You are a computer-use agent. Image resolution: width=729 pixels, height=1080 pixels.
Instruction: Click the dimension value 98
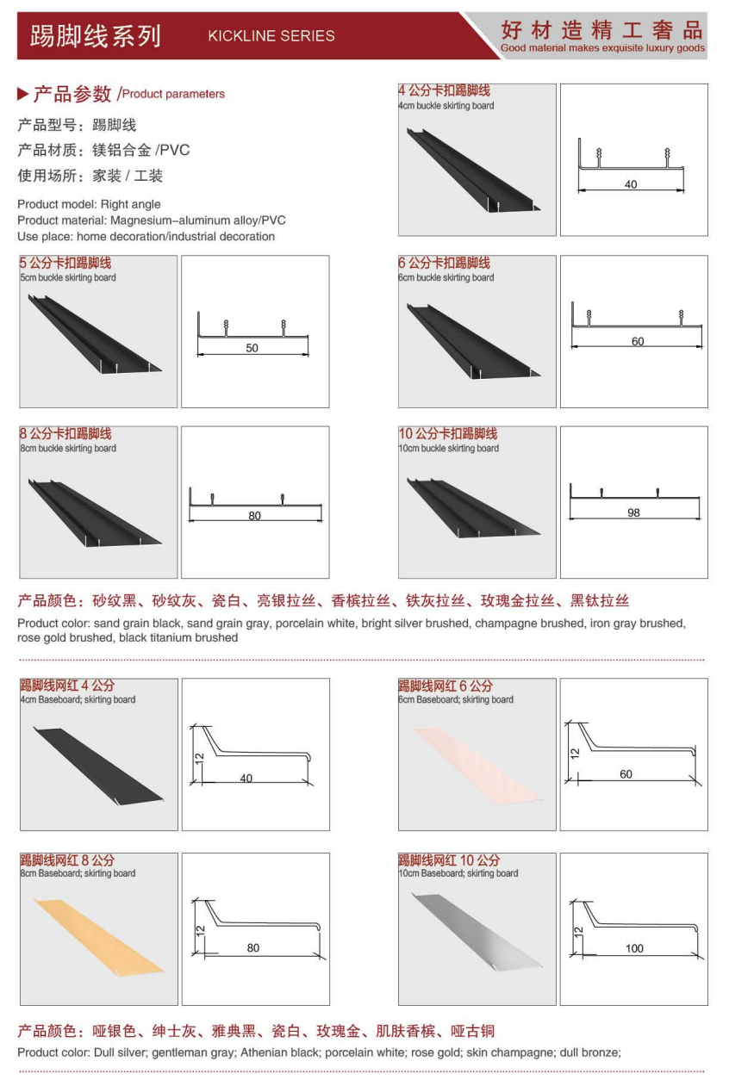633,512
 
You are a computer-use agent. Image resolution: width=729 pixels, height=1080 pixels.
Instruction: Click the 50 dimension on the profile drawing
252,348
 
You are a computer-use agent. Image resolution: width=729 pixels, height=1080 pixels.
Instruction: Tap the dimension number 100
634,948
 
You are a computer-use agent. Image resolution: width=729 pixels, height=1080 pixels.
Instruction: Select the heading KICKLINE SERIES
271,35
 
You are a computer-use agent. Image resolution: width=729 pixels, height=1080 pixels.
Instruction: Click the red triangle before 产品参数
22,94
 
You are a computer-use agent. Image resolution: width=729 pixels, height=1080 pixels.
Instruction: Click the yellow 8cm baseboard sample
98,936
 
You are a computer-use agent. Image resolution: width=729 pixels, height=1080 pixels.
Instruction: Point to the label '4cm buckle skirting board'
446,106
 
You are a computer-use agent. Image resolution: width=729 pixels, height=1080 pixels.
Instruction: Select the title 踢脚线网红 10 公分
449,860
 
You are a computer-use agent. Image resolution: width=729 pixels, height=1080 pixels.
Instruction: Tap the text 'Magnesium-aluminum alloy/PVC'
198,220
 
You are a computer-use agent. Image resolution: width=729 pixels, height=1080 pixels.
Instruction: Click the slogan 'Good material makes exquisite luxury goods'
602,47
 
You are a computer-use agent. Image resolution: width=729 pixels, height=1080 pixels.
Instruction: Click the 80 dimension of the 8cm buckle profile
255,516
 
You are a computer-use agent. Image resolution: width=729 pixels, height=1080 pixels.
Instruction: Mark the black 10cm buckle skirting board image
474,507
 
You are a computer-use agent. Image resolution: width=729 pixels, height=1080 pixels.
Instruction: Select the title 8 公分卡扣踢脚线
65,433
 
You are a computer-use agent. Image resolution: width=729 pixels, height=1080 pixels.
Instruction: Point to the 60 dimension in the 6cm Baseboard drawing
626,774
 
